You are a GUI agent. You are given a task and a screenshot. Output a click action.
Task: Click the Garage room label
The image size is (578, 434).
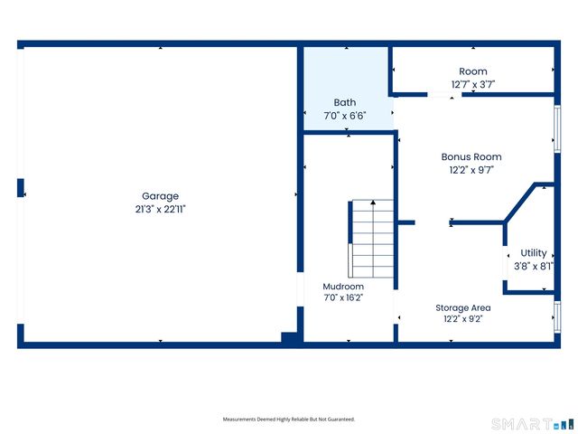160,196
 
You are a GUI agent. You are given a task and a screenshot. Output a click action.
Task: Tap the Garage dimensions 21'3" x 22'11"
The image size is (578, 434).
160,209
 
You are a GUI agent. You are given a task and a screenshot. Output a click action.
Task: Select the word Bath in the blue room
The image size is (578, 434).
345,102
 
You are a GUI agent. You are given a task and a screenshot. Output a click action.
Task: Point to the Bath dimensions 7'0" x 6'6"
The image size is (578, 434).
345,116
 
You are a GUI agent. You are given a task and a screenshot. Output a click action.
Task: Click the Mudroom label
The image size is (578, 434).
343,287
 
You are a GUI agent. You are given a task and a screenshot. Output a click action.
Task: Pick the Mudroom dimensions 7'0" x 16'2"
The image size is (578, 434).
343,297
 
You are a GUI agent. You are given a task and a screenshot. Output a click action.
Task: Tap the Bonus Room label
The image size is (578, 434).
471,156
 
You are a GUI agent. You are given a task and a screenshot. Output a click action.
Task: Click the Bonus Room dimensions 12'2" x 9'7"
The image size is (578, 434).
471,170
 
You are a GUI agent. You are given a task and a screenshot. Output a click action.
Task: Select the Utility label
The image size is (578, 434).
533,253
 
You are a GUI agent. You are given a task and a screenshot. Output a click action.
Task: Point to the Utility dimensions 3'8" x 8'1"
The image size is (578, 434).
534,266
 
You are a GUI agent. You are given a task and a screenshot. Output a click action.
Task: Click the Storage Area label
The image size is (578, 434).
463,307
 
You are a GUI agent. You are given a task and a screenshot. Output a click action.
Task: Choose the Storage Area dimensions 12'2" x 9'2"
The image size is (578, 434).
463,319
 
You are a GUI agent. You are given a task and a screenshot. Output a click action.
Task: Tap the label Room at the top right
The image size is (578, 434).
473,71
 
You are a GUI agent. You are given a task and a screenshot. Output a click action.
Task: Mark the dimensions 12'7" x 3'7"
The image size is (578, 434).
473,84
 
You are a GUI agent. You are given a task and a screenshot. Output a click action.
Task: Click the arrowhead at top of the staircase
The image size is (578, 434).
373,203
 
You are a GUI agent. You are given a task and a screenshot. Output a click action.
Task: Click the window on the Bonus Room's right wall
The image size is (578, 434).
557,128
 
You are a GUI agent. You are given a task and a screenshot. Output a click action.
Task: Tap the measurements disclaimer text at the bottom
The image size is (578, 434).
289,420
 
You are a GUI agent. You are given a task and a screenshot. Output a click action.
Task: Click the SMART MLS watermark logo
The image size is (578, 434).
533,424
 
